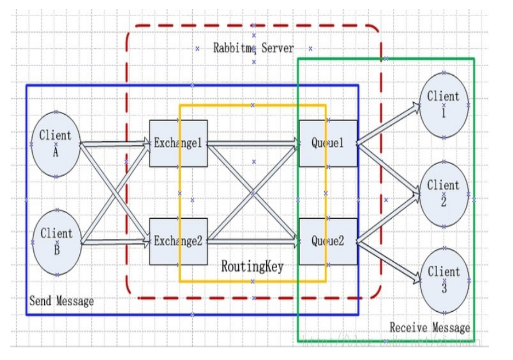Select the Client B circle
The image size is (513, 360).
pyautogui.click(x=56, y=242)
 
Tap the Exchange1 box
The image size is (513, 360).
pyautogui.click(x=178, y=144)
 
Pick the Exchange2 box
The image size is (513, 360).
pyautogui.click(x=178, y=241)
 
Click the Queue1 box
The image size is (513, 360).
pyautogui.click(x=328, y=144)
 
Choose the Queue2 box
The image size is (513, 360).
pyautogui.click(x=328, y=241)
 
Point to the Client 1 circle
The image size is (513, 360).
pyautogui.click(x=444, y=105)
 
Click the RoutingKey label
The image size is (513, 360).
pyautogui.click(x=252, y=267)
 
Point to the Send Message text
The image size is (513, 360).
pyautogui.click(x=61, y=301)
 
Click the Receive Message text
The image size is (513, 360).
pyautogui.click(x=430, y=328)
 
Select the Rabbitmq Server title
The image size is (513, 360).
pyautogui.click(x=253, y=48)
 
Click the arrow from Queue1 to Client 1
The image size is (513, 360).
pyautogui.click(x=389, y=124)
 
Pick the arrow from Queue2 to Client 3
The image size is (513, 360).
pyautogui.click(x=389, y=261)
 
